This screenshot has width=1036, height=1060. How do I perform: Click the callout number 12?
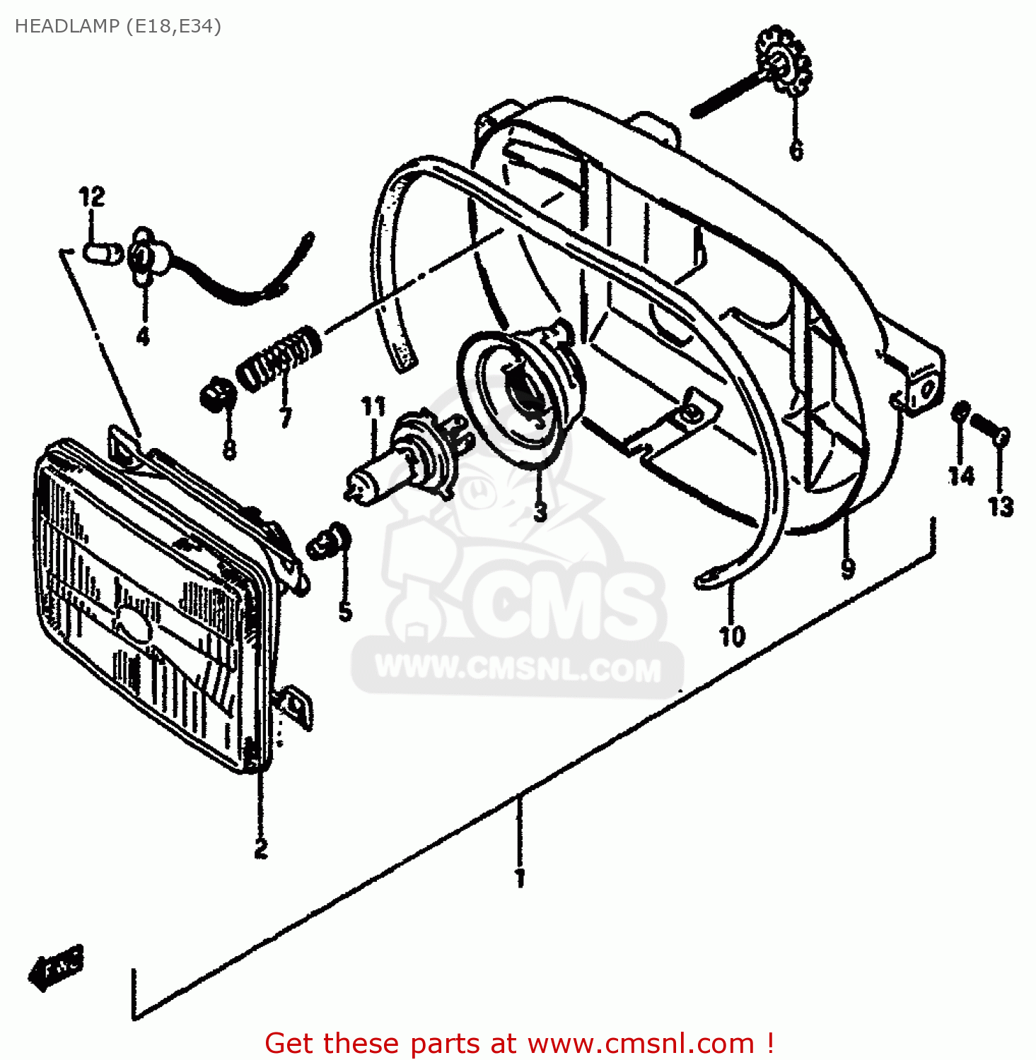92,196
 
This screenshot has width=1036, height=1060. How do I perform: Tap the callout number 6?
796,150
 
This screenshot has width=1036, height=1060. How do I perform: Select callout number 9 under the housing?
848,567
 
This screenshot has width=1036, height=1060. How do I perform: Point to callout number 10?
732,636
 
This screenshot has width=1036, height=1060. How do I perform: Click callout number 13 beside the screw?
1000,506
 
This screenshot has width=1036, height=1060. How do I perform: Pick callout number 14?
961,476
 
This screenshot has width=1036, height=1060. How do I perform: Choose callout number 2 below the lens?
261,848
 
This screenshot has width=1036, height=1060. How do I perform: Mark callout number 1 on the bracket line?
520,878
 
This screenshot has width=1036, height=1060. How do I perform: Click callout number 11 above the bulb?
373,407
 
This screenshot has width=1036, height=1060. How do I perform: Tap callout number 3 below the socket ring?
540,511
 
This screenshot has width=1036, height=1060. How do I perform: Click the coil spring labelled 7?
278,358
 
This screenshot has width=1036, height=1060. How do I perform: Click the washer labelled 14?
960,412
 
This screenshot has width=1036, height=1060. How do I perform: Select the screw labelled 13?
990,429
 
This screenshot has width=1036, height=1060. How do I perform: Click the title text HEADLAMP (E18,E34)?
118,27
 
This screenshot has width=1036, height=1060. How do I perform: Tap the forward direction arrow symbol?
57,967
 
